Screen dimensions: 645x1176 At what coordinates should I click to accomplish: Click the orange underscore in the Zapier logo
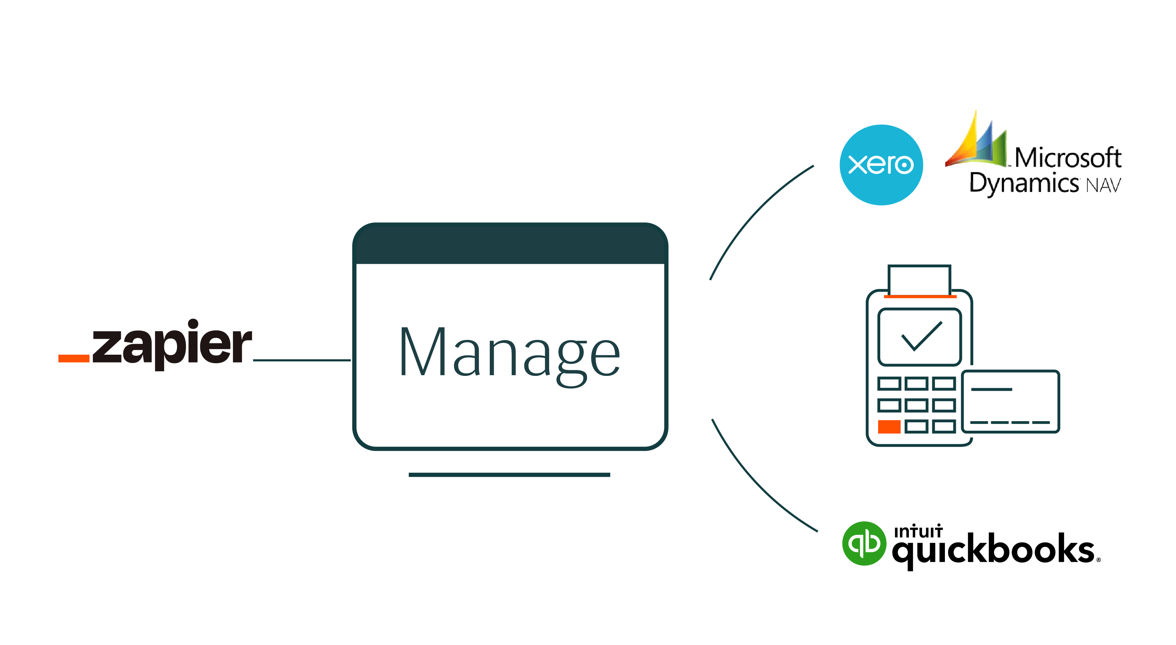tap(74, 358)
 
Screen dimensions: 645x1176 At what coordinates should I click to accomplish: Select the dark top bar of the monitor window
tap(510, 244)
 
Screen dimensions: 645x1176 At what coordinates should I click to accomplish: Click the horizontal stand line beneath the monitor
tap(509, 475)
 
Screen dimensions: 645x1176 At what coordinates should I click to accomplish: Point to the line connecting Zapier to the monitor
tap(301, 360)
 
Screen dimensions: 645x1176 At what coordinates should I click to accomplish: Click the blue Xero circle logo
tap(881, 165)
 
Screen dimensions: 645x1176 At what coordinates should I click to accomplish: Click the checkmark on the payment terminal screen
tap(921, 337)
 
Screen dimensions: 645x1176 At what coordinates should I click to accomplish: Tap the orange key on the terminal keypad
tap(889, 426)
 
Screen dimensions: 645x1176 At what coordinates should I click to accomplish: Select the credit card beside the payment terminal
tap(1010, 401)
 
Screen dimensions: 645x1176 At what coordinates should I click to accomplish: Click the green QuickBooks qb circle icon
tap(864, 543)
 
